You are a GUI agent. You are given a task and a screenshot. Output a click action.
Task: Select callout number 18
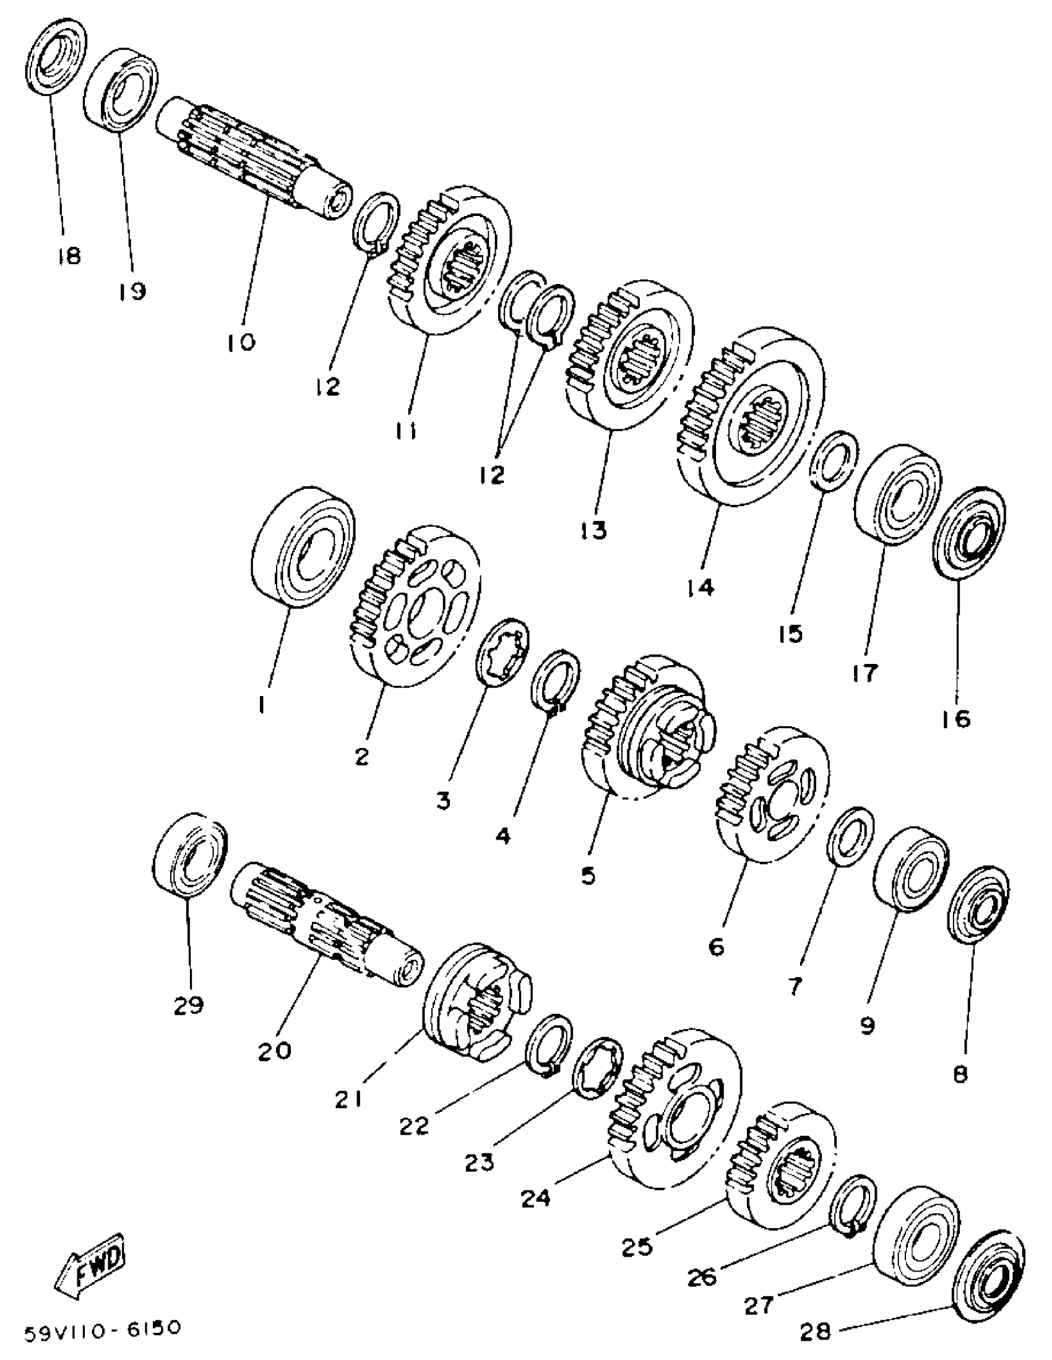(69, 255)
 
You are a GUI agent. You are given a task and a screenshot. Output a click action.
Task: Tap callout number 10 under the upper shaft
(241, 342)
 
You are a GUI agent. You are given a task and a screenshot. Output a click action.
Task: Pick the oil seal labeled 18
(57, 57)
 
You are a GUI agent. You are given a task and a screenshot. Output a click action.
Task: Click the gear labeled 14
(751, 416)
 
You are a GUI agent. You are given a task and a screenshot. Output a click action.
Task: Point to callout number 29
(189, 1004)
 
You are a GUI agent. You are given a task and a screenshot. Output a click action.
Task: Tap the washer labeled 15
(834, 460)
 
